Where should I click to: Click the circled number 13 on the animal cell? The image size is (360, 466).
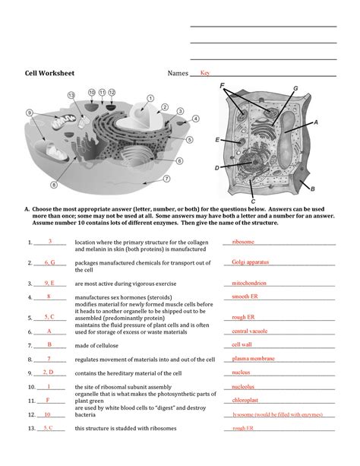[71, 95]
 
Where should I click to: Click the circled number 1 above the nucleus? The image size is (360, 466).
[150, 97]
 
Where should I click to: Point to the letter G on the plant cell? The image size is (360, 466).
[295, 89]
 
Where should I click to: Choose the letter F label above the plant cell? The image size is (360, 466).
[223, 87]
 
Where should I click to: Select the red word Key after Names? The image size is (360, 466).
[205, 73]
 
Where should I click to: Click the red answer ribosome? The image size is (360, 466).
[243, 243]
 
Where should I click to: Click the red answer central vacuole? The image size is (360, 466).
[250, 331]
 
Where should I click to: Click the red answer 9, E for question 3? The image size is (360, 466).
[45, 281]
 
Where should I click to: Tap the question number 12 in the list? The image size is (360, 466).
[30, 415]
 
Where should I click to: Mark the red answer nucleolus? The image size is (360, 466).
[246, 386]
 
